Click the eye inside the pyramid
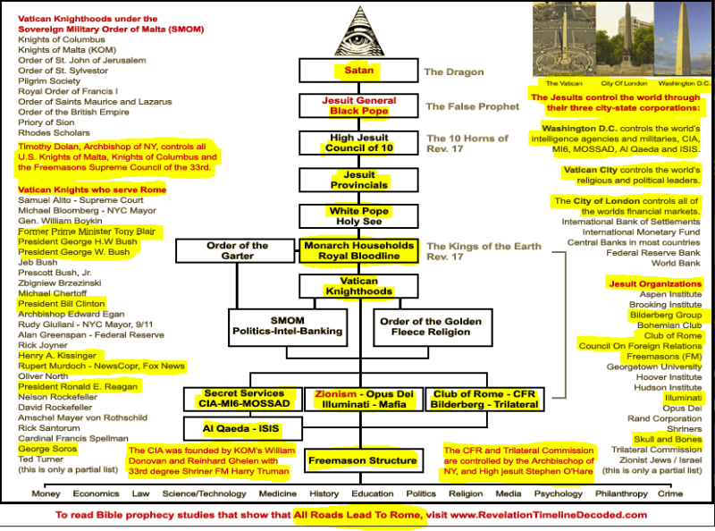tap(359, 39)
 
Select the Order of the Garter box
tap(235, 251)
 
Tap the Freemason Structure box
tap(363, 460)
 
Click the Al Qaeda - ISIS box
tap(243, 429)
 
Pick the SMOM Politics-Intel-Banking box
tap(288, 327)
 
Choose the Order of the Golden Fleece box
tap(433, 327)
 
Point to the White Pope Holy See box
tap(359, 216)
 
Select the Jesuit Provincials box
tap(359, 180)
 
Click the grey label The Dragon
tap(454, 72)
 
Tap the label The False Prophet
tap(473, 106)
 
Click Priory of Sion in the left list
tap(46, 122)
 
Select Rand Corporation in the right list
tap(664, 418)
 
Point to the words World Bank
tap(676, 263)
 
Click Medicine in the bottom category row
tap(278, 493)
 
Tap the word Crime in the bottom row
tap(670, 493)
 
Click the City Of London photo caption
tap(624, 83)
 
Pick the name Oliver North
tap(43, 376)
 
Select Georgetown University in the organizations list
tap(654, 367)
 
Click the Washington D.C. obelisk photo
tap(683, 39)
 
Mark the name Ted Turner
tap(40, 459)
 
